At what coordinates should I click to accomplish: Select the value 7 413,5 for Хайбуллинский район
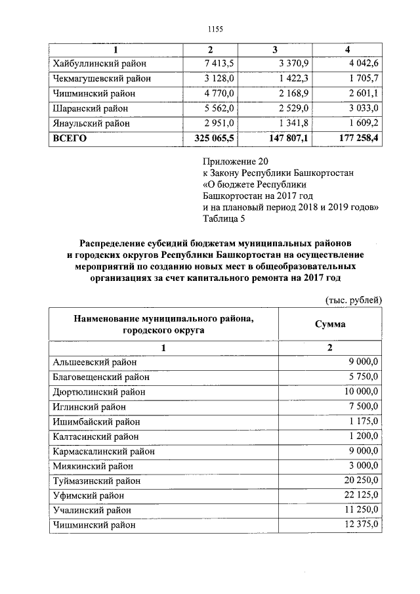point(222,64)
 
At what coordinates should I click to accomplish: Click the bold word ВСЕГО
point(69,139)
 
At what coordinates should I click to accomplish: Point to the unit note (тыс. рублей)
point(354,300)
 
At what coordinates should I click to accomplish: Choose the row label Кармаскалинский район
point(103,451)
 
